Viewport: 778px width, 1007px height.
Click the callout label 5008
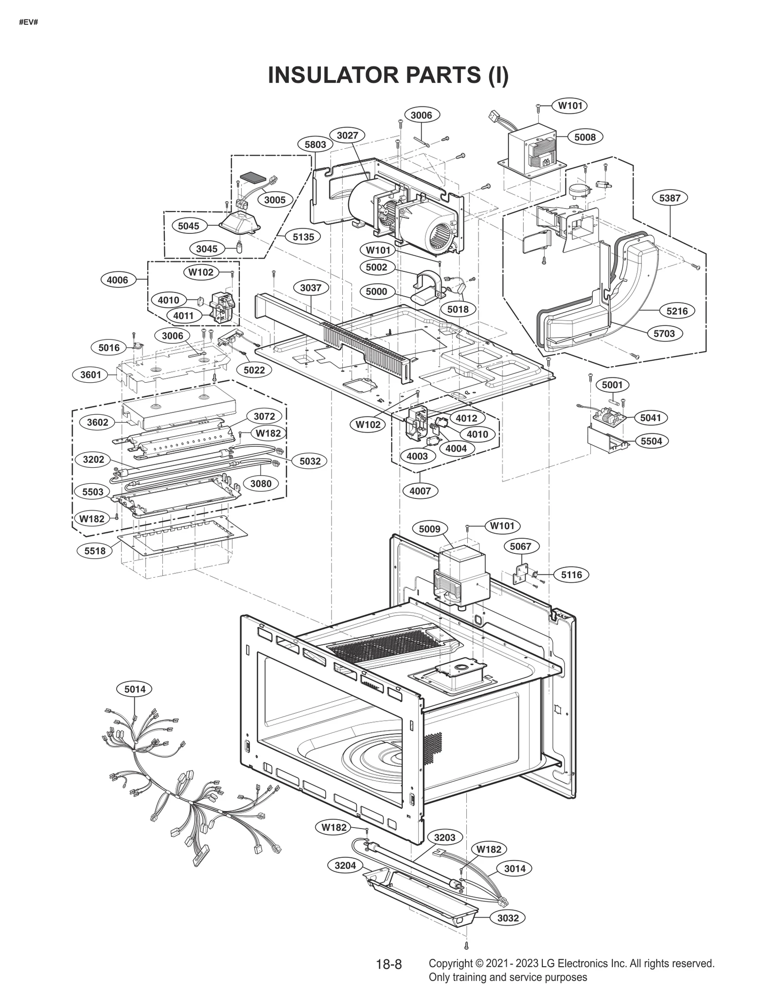[x=585, y=137]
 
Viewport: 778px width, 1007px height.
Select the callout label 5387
[x=670, y=198]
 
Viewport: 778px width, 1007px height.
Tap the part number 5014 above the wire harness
[x=135, y=689]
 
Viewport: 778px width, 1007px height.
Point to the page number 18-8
[x=389, y=964]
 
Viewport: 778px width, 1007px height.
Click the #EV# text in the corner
[x=28, y=22]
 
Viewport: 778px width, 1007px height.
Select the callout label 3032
[x=508, y=918]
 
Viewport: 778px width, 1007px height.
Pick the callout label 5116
[x=571, y=575]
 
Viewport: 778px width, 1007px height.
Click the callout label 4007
[x=420, y=491]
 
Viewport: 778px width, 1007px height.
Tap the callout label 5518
[x=95, y=551]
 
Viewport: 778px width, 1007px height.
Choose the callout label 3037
[x=311, y=287]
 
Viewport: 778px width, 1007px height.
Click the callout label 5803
[x=315, y=144]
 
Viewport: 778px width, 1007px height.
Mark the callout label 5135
[x=303, y=237]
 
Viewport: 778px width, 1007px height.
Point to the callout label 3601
[x=90, y=374]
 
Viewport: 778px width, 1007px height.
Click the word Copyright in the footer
[x=450, y=963]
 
